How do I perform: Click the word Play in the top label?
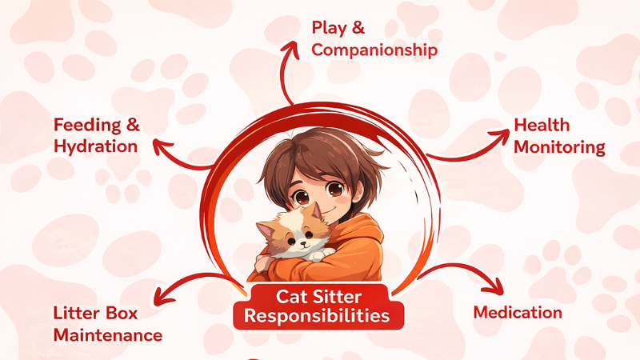[327, 29]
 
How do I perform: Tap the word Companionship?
[374, 50]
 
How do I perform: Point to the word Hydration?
[95, 146]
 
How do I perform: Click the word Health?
[542, 125]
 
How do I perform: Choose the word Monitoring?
[559, 147]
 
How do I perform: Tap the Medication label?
[518, 312]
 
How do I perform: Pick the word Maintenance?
[108, 334]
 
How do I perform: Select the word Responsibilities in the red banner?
[318, 316]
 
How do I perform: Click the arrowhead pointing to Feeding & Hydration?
[160, 146]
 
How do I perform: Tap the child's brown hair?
[320, 152]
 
